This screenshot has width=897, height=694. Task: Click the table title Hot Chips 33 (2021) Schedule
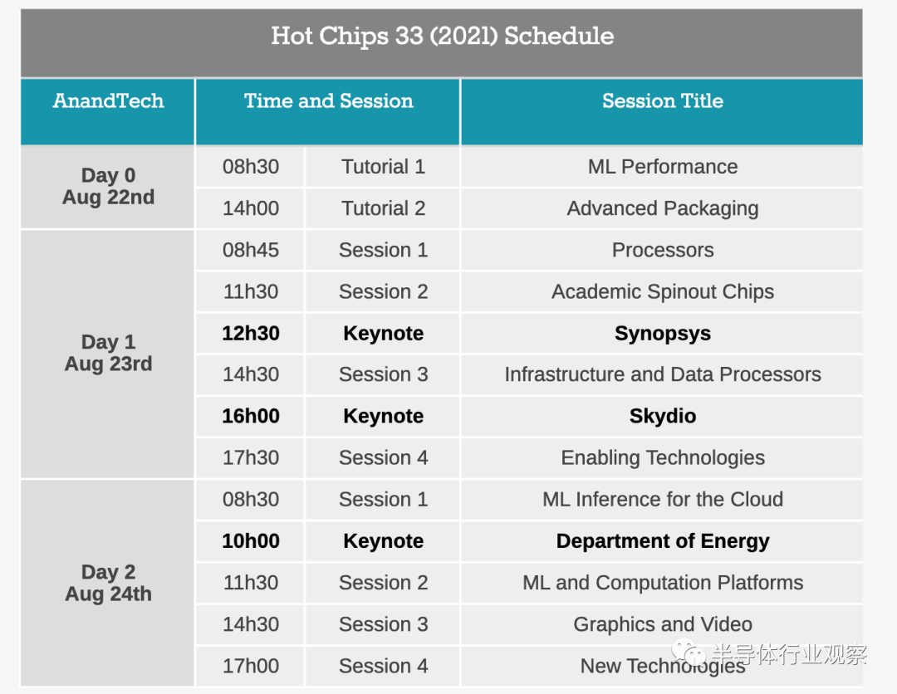[x=442, y=36]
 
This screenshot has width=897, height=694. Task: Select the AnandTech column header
[x=108, y=100]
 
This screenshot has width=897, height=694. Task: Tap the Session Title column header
[x=663, y=100]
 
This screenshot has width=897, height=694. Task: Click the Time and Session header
[x=328, y=100]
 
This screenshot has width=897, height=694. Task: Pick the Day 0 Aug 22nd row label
[x=108, y=186]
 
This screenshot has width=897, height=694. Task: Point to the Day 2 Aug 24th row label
[x=108, y=583]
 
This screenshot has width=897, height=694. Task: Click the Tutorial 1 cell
[x=383, y=166]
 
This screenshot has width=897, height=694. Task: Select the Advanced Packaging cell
[x=663, y=208]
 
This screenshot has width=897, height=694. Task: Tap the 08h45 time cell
[x=251, y=250]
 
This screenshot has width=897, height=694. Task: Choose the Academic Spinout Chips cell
[x=663, y=291]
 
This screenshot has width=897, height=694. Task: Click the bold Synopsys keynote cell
[x=663, y=333]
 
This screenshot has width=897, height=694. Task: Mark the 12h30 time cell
[x=251, y=333]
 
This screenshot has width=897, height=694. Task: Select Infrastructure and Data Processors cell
[x=663, y=374]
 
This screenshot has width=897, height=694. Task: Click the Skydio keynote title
[x=663, y=416]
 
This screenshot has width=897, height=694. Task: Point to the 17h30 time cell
[x=251, y=458]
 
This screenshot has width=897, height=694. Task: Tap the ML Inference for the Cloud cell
[x=663, y=500]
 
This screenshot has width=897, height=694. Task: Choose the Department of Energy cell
[x=663, y=541]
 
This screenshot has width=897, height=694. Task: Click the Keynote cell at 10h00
[x=383, y=541]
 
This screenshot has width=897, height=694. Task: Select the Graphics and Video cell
[x=663, y=624]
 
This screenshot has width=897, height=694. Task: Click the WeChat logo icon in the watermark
[x=689, y=652]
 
